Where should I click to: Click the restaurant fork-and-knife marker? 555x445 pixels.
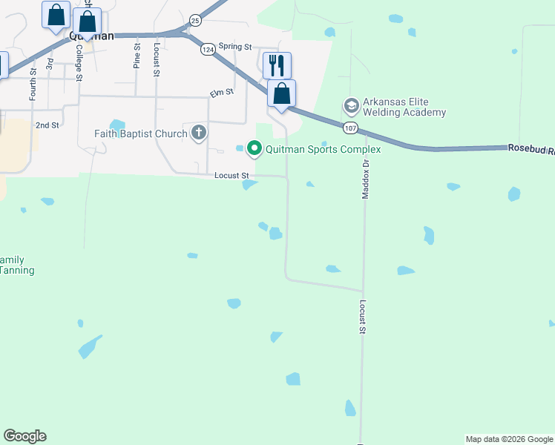click(x=277, y=65)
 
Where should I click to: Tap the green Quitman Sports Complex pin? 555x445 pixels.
click(x=254, y=149)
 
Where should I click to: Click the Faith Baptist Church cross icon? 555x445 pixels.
click(x=198, y=133)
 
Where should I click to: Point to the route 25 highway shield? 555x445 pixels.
click(x=194, y=20)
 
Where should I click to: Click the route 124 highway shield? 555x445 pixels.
click(x=208, y=48)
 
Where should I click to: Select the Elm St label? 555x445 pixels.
click(x=222, y=92)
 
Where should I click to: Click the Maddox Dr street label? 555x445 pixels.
click(x=365, y=180)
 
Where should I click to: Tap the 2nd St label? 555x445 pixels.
click(x=47, y=125)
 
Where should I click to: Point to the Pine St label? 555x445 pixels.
click(x=137, y=56)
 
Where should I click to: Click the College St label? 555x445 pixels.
click(x=79, y=62)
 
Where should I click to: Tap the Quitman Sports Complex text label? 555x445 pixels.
click(x=323, y=149)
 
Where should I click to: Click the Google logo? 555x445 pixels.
click(x=24, y=436)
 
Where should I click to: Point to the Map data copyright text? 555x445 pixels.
click(x=509, y=439)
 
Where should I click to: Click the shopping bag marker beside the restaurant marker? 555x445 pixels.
click(x=281, y=93)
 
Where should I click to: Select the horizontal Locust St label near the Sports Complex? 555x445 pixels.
click(x=231, y=175)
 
